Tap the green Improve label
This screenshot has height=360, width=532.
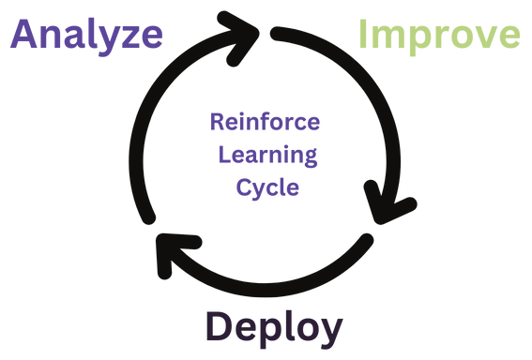tap(439, 35)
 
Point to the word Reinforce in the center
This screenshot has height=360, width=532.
tap(266, 123)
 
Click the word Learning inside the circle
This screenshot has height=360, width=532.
tap(266, 154)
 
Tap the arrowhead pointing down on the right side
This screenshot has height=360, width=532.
tap(387, 208)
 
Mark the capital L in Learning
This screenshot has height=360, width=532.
tap(222, 154)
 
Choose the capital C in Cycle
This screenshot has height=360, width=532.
tap(243, 186)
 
